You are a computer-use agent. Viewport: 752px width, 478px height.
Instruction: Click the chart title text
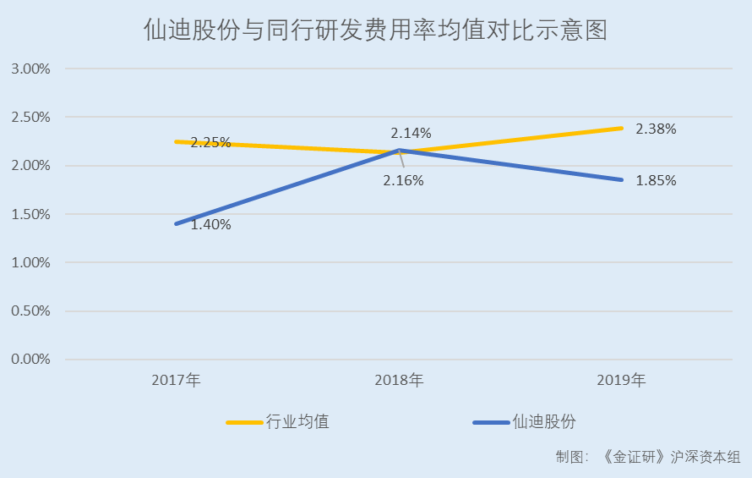click(375, 31)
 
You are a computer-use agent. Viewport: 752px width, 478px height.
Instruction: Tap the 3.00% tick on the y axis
click(30, 69)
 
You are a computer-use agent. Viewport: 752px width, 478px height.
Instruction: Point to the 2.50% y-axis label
click(30, 117)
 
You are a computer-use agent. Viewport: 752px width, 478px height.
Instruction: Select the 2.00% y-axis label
click(30, 166)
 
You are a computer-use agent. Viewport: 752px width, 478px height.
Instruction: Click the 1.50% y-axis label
click(30, 214)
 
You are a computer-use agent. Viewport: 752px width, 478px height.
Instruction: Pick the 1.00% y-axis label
click(30, 262)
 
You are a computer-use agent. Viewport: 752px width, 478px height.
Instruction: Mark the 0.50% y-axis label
click(30, 310)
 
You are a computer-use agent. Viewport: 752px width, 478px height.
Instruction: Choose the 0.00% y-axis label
click(30, 359)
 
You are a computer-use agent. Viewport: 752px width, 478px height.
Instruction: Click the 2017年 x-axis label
click(176, 380)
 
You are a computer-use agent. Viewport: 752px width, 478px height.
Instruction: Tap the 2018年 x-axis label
click(399, 380)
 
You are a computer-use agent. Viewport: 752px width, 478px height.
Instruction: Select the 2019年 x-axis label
click(621, 380)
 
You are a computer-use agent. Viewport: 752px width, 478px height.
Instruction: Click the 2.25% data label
click(210, 142)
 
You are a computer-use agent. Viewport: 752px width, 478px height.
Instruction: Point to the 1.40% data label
click(210, 225)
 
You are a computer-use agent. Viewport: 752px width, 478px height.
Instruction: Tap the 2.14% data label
click(411, 133)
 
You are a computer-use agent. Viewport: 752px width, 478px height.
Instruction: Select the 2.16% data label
click(403, 180)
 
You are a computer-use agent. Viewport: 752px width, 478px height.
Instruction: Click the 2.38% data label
click(656, 129)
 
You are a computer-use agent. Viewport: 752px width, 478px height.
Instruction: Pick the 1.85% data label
click(656, 180)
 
